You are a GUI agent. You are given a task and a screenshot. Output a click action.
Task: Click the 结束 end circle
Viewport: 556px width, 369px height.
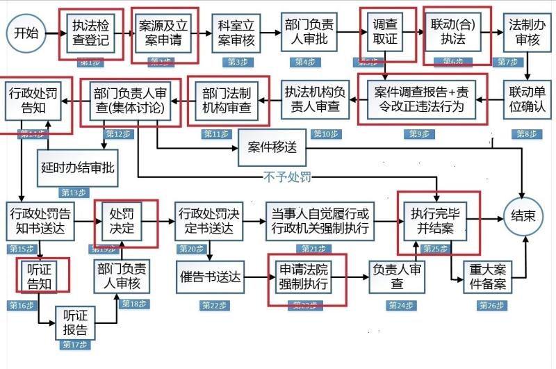(523, 217)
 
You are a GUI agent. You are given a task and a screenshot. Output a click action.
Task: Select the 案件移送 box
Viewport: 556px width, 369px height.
(272, 148)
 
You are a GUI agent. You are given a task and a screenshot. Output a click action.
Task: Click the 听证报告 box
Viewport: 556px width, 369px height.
(75, 322)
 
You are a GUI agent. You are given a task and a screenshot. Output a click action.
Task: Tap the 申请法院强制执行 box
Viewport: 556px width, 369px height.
(307, 277)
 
